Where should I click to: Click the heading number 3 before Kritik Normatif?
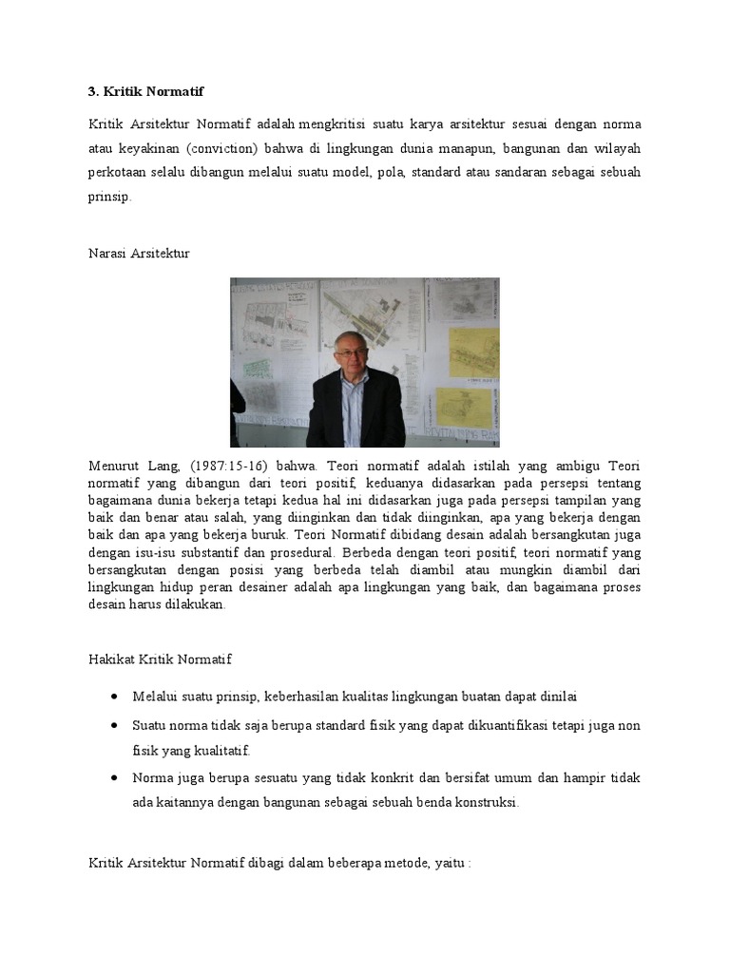[x=93, y=92]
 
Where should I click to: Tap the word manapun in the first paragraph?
[x=452, y=149]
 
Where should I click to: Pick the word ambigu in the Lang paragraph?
[x=569, y=466]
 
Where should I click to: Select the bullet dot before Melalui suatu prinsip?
[x=115, y=696]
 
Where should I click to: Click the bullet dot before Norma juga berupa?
[x=115, y=776]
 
